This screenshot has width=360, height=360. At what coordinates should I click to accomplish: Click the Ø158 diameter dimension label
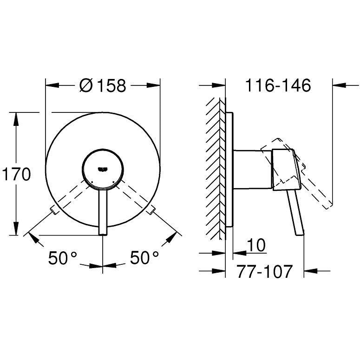click(x=103, y=86)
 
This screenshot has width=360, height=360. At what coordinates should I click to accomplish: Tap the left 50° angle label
click(x=63, y=258)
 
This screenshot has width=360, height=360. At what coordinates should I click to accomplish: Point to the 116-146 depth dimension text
click(x=278, y=86)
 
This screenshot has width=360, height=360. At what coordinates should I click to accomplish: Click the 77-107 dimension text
click(x=264, y=271)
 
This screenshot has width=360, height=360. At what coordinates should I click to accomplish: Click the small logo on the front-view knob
click(x=103, y=168)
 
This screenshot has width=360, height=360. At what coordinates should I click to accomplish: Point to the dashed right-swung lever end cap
click(x=151, y=212)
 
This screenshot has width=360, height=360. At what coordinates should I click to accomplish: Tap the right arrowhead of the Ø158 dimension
click(x=154, y=85)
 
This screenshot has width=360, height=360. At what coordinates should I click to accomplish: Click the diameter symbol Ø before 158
click(x=86, y=86)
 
